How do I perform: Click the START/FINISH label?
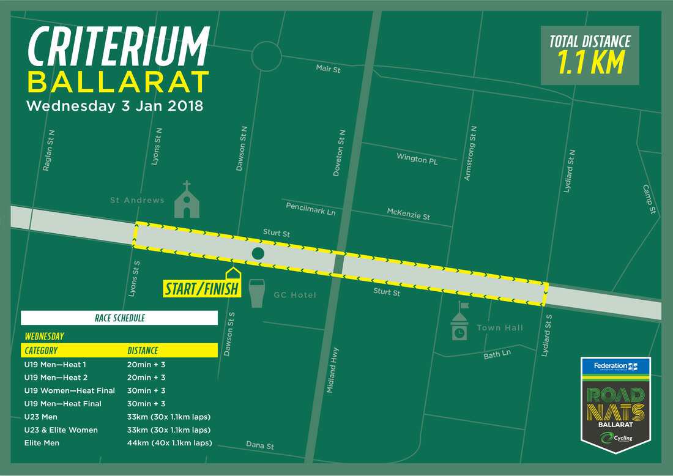pos(201,288)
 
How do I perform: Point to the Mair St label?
pos(328,69)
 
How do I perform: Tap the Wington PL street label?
pos(417,159)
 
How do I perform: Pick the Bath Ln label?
pos(496,354)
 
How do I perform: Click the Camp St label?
pos(649,199)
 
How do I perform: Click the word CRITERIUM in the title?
pos(119,48)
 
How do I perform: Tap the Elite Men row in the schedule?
pos(42,442)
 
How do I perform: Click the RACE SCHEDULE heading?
pos(119,318)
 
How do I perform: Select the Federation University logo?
pos(615,366)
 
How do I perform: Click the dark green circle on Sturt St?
pos(258,253)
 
